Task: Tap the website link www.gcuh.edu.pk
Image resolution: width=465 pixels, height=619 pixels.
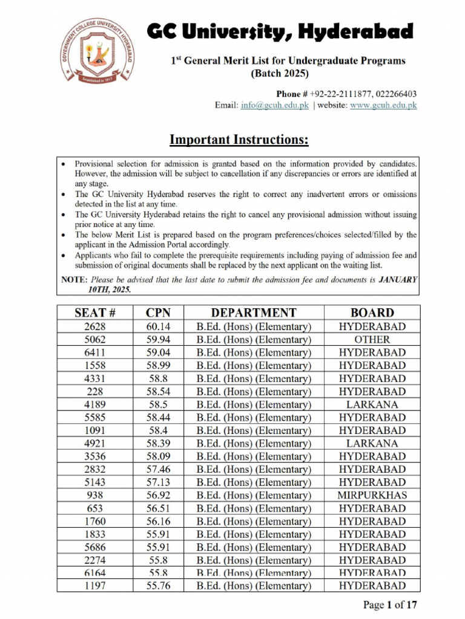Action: coord(383,105)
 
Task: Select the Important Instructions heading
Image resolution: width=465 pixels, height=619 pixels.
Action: coord(239,140)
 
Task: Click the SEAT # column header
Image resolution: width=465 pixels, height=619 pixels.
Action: coord(95,313)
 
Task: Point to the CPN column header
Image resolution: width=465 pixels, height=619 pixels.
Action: coord(158,313)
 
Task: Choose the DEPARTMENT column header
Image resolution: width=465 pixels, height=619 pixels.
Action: coord(254,313)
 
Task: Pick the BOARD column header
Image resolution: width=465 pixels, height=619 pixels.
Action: coord(372,313)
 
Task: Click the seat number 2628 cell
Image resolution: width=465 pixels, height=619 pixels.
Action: coord(95,326)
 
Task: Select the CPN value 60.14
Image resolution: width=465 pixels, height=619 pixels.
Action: coord(158,326)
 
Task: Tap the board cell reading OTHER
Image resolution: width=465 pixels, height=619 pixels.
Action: coord(372,340)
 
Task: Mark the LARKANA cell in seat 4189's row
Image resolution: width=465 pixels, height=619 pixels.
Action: coord(372,404)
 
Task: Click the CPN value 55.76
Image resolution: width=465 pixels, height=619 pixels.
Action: coord(158,585)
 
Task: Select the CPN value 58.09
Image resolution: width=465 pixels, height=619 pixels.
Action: coord(158,456)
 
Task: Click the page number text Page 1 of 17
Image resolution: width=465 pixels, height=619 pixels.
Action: coord(390,604)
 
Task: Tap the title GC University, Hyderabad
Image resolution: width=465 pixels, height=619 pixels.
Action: coord(280,31)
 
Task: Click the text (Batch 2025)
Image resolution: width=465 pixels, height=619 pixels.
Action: coord(279,74)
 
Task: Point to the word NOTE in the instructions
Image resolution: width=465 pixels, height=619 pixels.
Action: coord(74,280)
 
